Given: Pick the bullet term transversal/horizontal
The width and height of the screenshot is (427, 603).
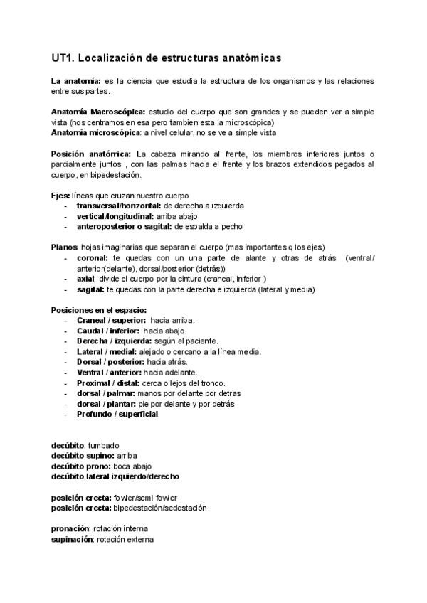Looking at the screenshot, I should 120,206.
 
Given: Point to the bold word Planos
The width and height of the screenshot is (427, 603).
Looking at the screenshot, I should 64,247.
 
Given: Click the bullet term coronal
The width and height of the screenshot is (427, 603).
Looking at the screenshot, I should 93,257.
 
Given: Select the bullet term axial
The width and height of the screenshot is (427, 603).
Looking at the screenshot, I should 86,279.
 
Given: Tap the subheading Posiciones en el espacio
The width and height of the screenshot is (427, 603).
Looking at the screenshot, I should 99,310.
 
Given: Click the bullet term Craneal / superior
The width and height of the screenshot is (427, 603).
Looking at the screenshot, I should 111,321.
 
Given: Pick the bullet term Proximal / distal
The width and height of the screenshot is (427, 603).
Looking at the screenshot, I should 108,383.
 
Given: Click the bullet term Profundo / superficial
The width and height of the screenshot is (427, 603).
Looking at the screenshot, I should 117,414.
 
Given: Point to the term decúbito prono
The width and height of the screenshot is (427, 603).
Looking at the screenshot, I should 80,466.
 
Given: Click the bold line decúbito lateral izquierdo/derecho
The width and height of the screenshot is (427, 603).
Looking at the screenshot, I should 115,476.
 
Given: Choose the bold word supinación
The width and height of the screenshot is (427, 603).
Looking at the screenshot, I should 72,540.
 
